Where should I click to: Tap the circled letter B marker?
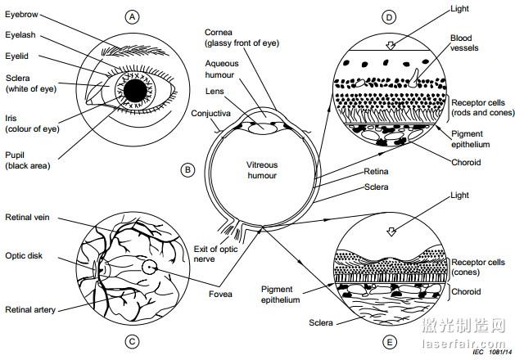click(187, 170)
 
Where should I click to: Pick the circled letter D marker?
click(389, 16)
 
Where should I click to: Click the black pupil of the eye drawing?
click(137, 88)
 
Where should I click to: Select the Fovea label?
click(220, 295)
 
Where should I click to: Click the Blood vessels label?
click(464, 43)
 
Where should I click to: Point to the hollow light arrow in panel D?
click(391, 44)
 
